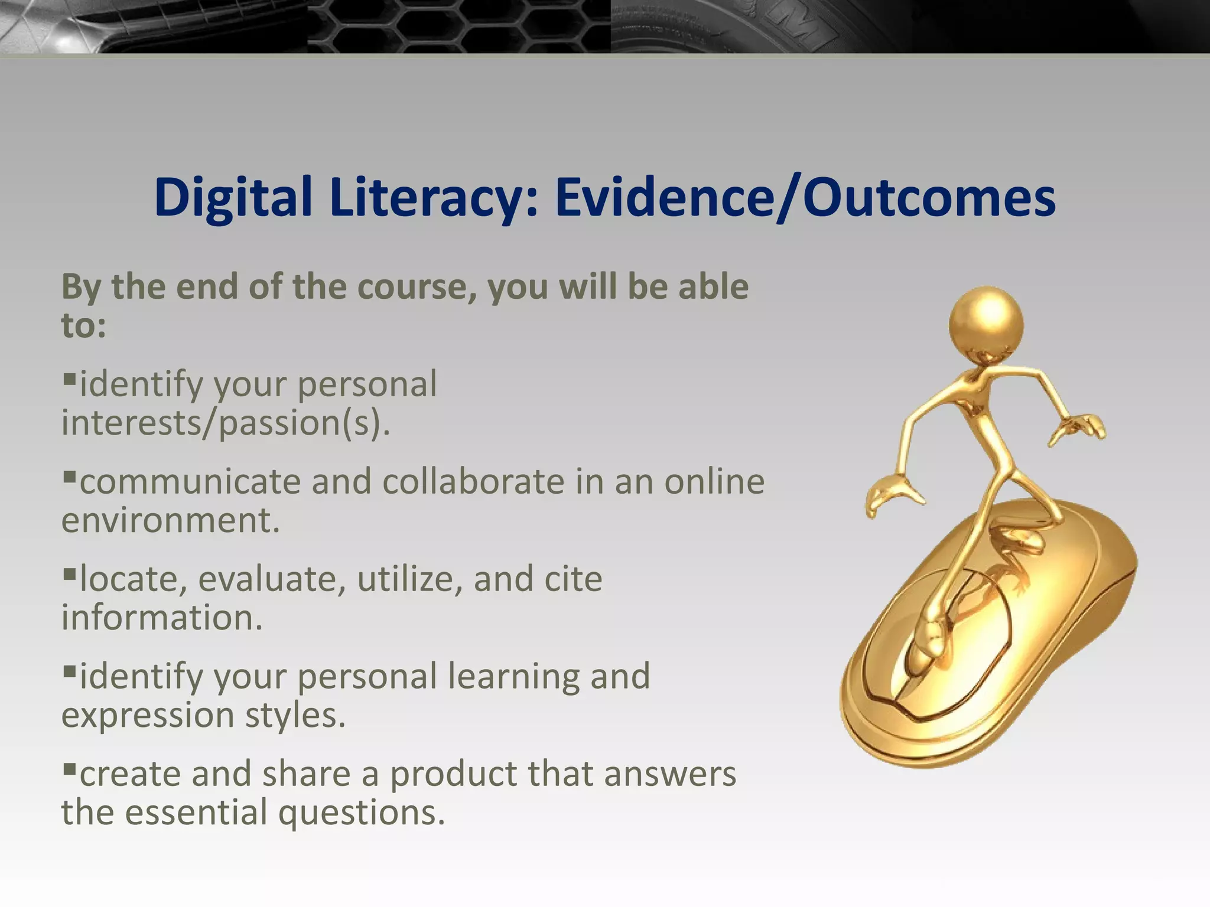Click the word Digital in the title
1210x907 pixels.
(x=232, y=198)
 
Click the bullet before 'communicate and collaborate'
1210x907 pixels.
(x=69, y=474)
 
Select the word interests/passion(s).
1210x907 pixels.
(x=226, y=423)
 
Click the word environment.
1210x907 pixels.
(x=170, y=520)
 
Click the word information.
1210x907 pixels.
(x=161, y=618)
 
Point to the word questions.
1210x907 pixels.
(x=361, y=813)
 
